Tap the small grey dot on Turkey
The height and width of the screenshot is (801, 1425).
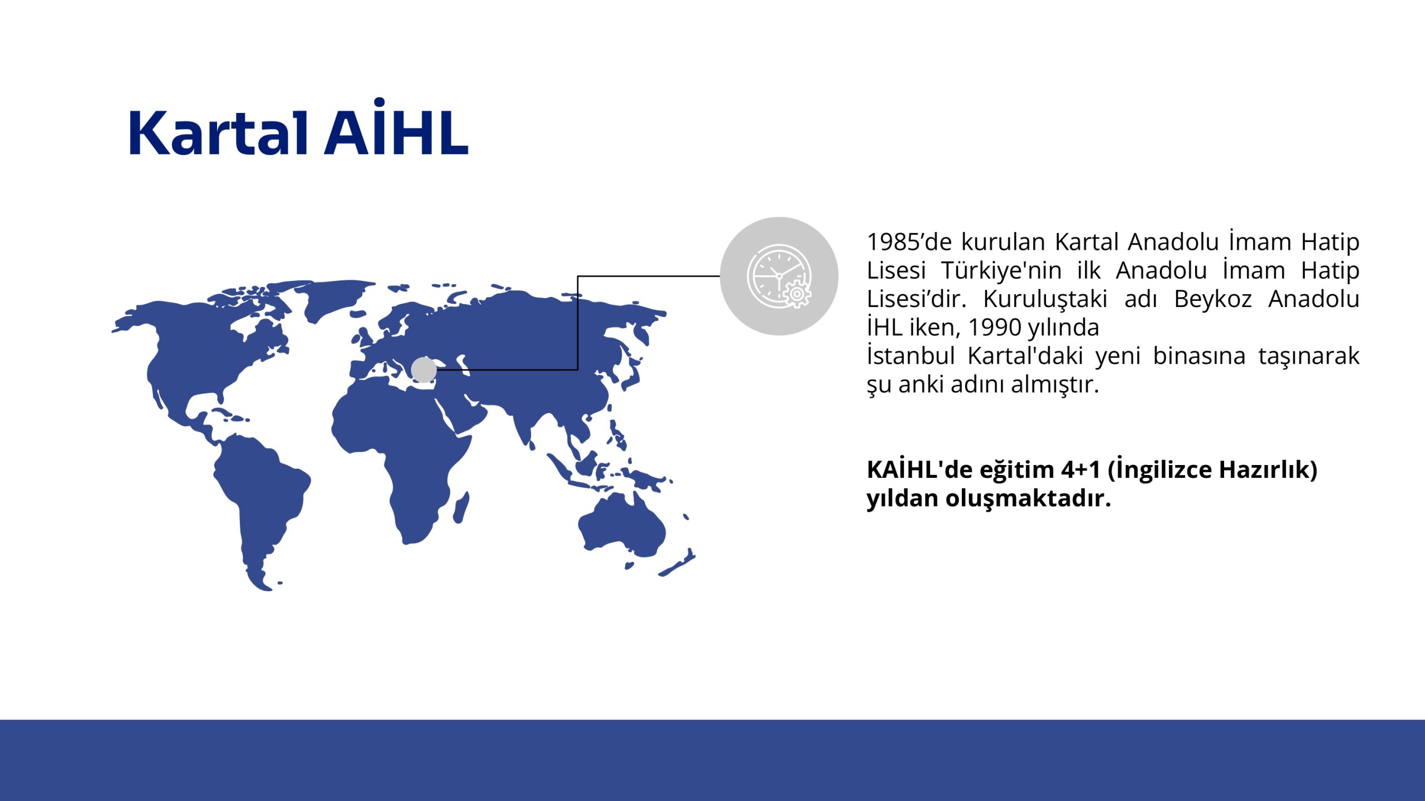coord(424,370)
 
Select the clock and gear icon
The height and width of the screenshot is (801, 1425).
coord(779,276)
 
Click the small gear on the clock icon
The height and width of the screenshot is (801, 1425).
coord(797,293)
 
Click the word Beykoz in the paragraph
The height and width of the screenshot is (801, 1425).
coord(1213,299)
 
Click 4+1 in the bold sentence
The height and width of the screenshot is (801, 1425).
coord(1080,470)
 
